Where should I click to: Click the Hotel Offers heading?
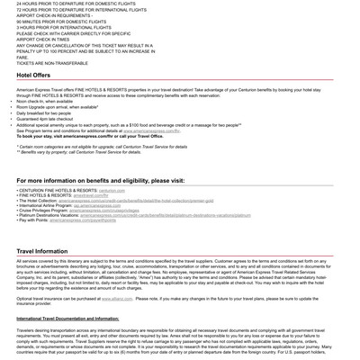click(x=33, y=76)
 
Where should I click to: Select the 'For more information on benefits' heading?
click(x=100, y=180)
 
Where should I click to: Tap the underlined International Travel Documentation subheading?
click(x=67, y=319)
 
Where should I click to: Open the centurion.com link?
click(x=112, y=191)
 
